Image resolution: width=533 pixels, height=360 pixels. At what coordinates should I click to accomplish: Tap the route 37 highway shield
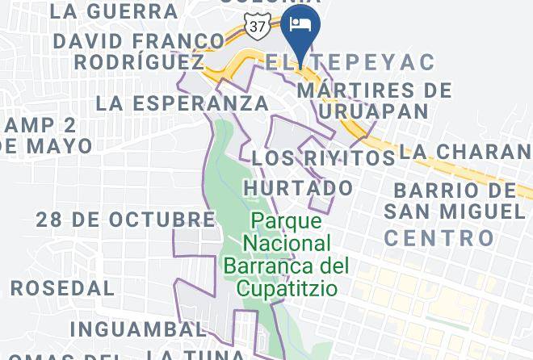click(x=258, y=27)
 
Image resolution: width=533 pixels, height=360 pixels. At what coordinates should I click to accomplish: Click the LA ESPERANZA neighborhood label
click(x=182, y=103)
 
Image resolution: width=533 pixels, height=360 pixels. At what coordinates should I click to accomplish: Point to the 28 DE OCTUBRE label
click(x=125, y=220)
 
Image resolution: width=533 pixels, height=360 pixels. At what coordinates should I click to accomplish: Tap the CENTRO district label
click(x=439, y=238)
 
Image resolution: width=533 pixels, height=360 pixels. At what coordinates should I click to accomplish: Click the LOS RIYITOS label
click(x=323, y=158)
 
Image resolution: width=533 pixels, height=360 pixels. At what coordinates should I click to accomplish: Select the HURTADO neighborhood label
click(x=299, y=188)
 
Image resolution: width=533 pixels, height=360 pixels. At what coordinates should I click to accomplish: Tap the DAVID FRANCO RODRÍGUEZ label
click(x=138, y=51)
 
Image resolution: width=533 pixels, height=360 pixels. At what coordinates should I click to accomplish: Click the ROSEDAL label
click(x=62, y=288)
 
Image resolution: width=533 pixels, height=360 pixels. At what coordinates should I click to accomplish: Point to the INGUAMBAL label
click(x=137, y=329)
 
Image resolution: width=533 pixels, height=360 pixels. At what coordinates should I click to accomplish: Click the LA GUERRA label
click(x=113, y=11)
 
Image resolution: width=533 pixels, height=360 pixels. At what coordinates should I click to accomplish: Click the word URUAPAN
click(x=373, y=111)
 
